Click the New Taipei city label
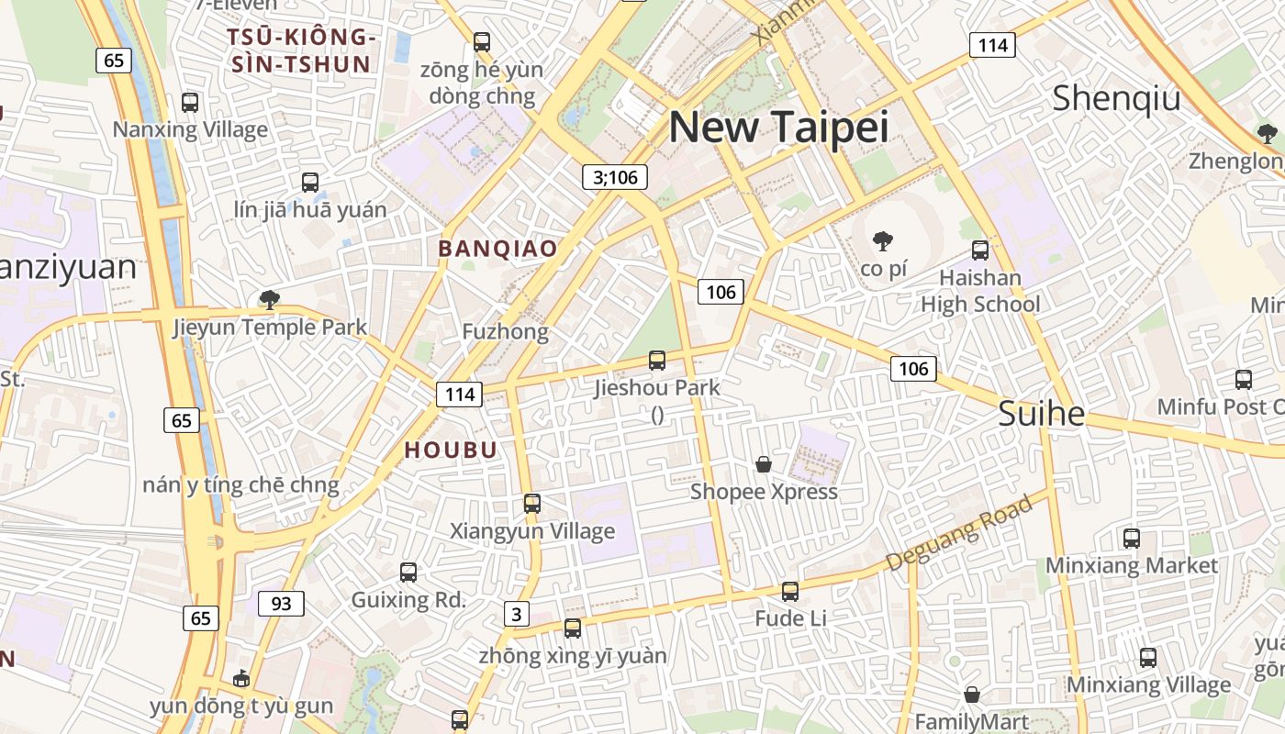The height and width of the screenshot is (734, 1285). click(778, 127)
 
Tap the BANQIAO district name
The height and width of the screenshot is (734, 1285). click(497, 249)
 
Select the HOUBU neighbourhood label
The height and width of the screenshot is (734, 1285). click(451, 450)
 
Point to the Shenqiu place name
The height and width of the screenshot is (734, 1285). click(1116, 97)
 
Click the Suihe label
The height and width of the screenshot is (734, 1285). click(1041, 414)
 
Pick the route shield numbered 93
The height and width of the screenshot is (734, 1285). click(281, 604)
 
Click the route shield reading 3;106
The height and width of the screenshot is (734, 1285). click(615, 177)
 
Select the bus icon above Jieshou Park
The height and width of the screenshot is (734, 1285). click(657, 361)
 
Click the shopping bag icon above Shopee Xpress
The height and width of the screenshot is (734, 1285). click(764, 464)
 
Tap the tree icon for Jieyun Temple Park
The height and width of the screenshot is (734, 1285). click(269, 299)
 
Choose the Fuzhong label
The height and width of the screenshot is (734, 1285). click(506, 331)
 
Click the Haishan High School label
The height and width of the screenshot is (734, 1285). click(980, 291)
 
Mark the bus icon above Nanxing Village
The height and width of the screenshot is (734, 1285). click(190, 103)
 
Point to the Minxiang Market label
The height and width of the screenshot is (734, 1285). click(1132, 565)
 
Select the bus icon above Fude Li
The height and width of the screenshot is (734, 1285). click(790, 592)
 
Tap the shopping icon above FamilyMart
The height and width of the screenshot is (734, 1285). click(972, 695)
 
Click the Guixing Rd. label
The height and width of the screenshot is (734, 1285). click(408, 601)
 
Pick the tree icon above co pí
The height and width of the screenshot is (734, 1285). click(883, 242)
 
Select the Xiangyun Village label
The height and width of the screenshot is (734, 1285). click(532, 531)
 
